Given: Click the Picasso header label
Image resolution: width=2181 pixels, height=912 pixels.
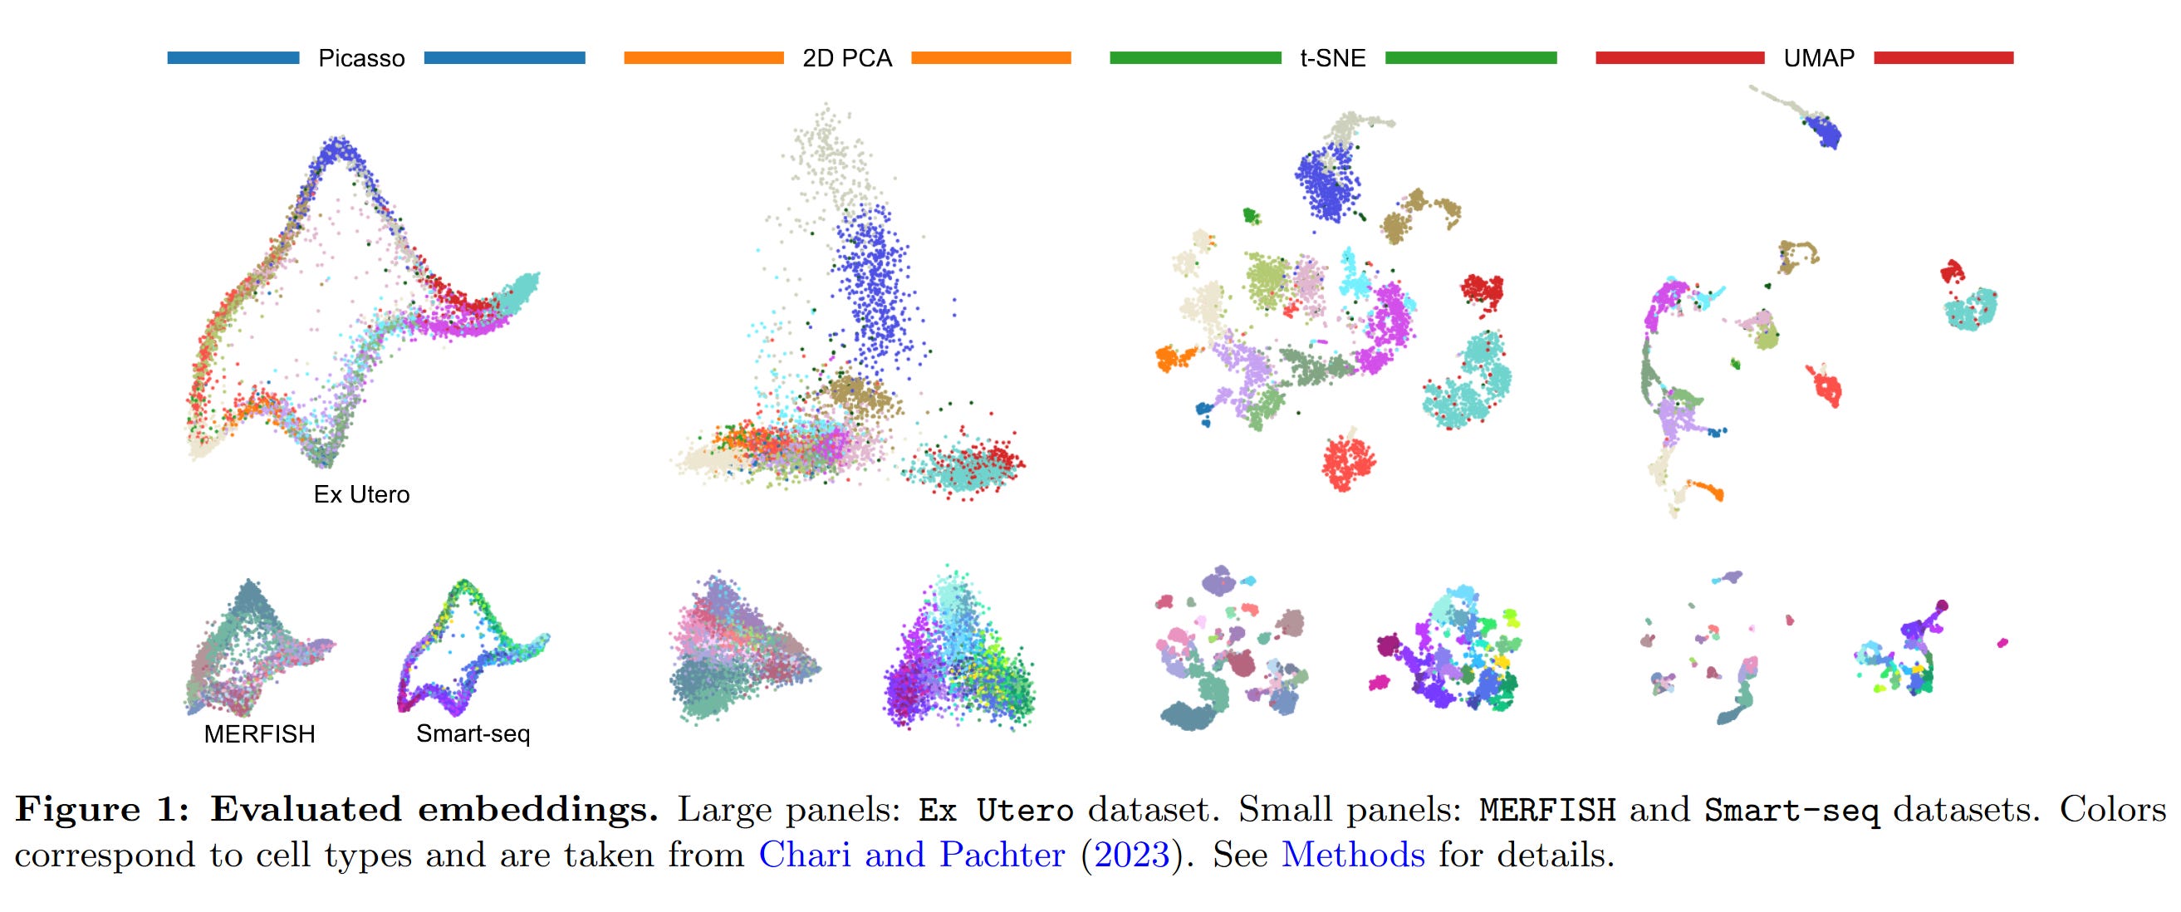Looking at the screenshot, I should click(x=360, y=58).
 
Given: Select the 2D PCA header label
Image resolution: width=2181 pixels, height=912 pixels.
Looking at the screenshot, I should click(x=846, y=58).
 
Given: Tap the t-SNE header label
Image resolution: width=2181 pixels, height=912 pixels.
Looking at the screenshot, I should click(x=1333, y=58).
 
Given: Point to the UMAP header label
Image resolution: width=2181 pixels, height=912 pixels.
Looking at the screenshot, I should click(x=1819, y=58).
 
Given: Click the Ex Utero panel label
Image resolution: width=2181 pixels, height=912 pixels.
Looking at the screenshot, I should click(x=361, y=494).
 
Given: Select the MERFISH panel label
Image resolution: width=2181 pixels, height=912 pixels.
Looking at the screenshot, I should click(x=259, y=734).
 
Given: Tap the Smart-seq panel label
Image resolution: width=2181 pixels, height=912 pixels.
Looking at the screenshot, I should click(x=473, y=733).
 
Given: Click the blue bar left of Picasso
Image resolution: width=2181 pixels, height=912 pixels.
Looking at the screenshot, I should click(x=233, y=57).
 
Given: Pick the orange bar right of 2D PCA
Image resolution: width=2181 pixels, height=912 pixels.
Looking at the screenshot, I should click(x=991, y=57).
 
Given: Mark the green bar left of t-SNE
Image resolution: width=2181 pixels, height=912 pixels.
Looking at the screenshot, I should click(x=1194, y=57).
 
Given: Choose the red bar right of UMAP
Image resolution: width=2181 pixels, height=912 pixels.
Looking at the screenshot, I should click(x=1943, y=57).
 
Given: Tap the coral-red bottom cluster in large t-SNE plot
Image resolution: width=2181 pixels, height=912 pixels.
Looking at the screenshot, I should click(x=1348, y=463).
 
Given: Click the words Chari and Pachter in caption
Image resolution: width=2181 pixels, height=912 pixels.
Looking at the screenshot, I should click(x=911, y=856).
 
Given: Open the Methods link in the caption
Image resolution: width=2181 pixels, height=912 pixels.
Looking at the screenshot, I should click(x=1352, y=856).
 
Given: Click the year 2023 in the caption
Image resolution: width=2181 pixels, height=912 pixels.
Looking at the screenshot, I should click(x=1132, y=856).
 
